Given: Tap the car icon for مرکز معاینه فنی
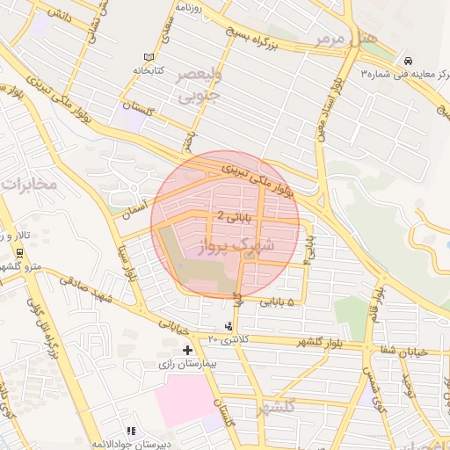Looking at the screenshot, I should [x=410, y=60].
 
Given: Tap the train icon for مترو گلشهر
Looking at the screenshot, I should [x=18, y=253].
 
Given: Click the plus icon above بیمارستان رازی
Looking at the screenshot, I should [x=186, y=350].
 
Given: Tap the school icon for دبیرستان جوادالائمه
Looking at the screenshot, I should [x=131, y=432].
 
